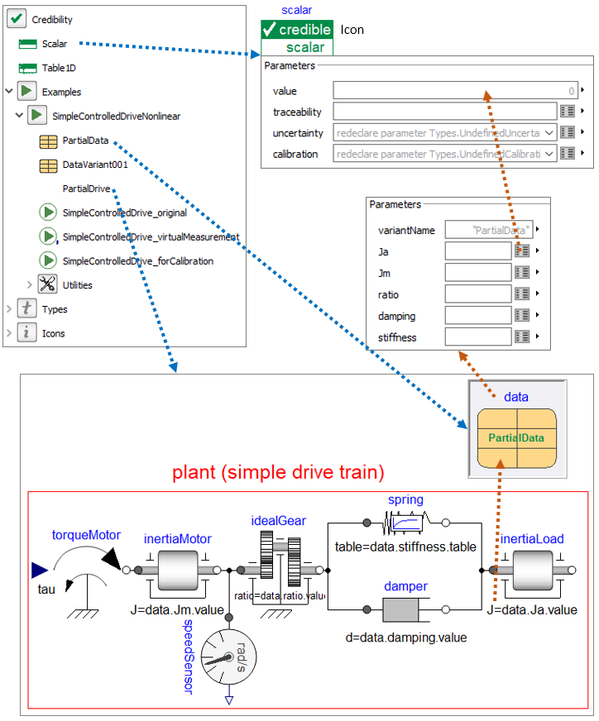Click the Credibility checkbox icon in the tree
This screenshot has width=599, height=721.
17,18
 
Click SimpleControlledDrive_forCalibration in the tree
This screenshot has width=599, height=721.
137,260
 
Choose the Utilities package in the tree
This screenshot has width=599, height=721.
77,285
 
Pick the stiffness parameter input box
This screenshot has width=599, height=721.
477,337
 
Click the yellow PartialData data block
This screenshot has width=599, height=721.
516,437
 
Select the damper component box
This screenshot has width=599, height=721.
405,611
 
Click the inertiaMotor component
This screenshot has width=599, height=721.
179,570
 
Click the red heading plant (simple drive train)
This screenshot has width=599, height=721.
277,473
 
